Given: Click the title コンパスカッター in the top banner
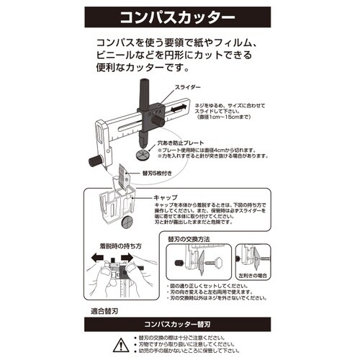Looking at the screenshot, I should tap(180, 15).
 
